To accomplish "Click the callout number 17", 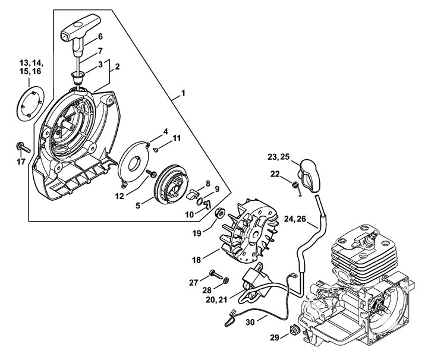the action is [21, 162].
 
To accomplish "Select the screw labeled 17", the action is [23, 147].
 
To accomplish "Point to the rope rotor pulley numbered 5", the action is [171, 184].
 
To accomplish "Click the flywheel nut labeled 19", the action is [220, 213].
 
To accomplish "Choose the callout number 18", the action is [196, 260].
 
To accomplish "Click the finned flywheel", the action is [250, 230].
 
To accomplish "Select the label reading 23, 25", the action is [278, 157].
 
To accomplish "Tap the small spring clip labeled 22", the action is [297, 188].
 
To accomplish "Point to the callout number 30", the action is [250, 322].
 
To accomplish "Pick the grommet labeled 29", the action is [295, 330].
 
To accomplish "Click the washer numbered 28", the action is [226, 280].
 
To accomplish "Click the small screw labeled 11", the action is [156, 149].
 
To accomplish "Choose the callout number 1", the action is [183, 93].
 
